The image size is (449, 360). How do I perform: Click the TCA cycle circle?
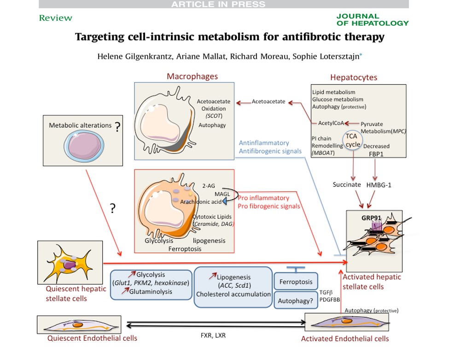coord(353,140)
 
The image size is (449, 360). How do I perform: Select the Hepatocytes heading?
coord(354,77)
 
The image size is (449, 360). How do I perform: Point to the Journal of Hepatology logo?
coord(372,19)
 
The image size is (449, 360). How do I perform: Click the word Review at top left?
coord(56,18)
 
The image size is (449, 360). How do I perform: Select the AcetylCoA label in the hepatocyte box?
coord(331,123)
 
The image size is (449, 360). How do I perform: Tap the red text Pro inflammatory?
coord(263,198)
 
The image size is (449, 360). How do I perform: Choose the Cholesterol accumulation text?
coord(233,294)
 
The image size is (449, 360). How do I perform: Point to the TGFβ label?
coord(326,292)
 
